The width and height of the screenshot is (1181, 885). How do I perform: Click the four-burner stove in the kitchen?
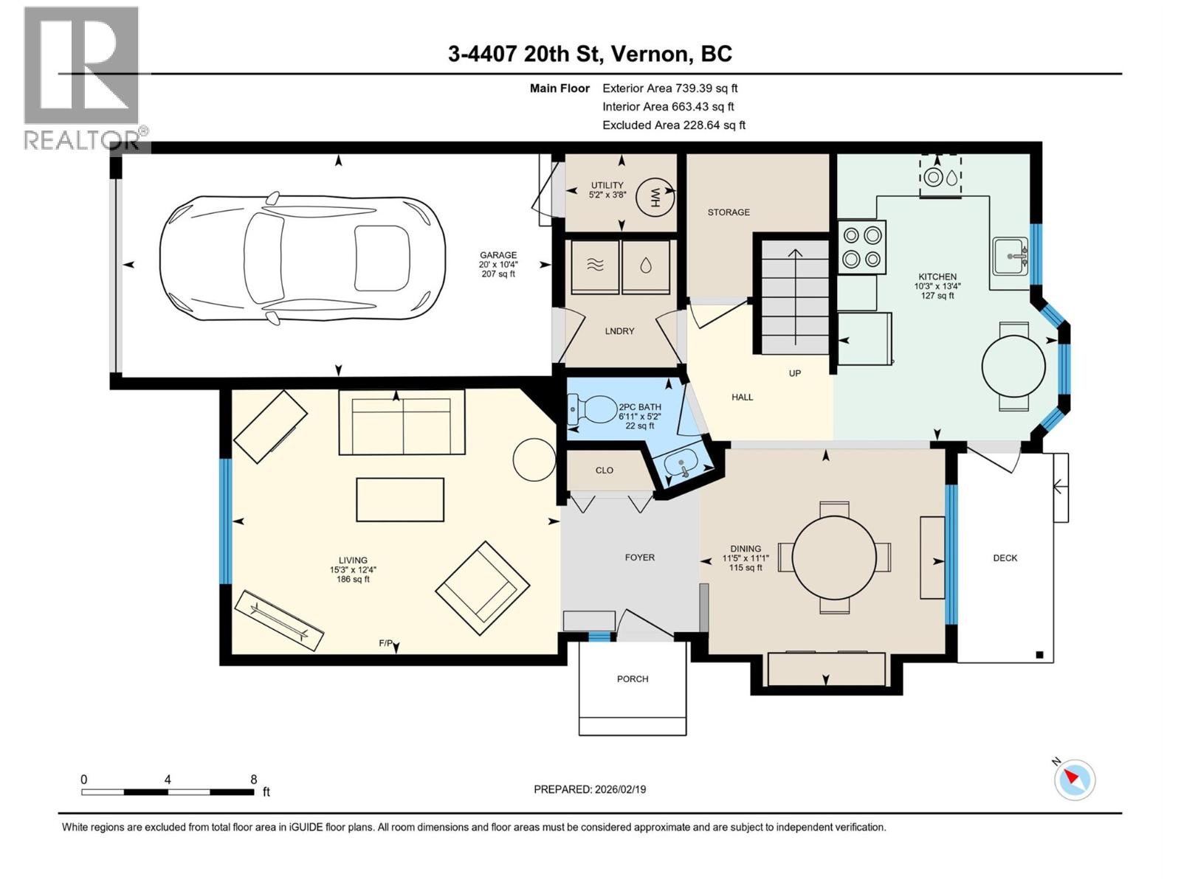(862, 247)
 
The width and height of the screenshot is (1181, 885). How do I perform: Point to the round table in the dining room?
(834, 557)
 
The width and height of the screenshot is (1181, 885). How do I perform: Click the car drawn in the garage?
(303, 258)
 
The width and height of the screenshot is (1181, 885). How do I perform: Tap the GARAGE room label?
(498, 255)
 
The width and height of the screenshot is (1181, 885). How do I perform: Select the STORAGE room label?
(729, 212)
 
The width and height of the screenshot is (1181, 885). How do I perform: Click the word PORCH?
(633, 678)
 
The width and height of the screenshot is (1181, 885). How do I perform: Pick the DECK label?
(1005, 558)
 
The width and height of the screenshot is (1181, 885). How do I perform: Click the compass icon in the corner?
(1074, 780)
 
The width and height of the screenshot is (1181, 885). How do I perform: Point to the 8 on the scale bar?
(253, 780)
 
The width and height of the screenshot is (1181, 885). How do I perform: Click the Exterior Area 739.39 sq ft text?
(669, 88)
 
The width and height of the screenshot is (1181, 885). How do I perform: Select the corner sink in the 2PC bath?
(680, 465)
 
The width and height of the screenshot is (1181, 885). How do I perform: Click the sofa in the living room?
(402, 422)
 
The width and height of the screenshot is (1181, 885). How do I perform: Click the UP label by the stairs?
(795, 373)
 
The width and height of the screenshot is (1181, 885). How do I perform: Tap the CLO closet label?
(604, 471)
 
